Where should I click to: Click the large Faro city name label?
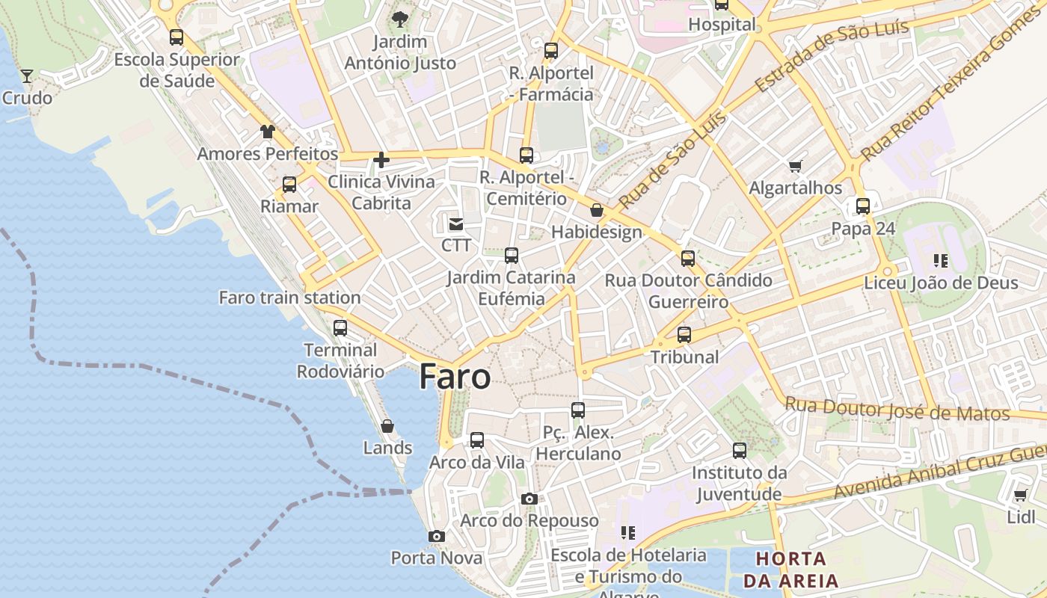point(455,377)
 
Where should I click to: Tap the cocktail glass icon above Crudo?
point(27,75)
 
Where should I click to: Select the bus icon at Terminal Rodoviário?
point(340,327)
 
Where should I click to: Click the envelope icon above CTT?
point(455,224)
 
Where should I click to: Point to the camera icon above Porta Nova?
point(437,536)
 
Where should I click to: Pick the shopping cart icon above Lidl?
point(1021,495)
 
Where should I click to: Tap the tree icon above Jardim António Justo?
point(400,19)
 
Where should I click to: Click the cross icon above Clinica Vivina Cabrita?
point(381,159)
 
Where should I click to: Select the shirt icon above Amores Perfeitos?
point(268,132)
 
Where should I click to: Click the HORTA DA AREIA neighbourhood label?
point(790,569)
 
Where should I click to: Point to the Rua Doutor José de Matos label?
point(897,409)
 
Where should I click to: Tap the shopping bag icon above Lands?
point(387,426)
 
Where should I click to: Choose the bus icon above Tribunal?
point(684,335)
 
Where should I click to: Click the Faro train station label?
point(289,298)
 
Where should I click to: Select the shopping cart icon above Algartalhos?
point(796,166)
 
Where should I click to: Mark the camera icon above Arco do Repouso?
point(529,499)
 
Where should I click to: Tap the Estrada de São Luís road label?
point(832,55)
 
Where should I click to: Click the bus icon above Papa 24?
point(863,206)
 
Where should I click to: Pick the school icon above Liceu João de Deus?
point(941,261)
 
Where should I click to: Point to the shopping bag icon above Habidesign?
point(597,210)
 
